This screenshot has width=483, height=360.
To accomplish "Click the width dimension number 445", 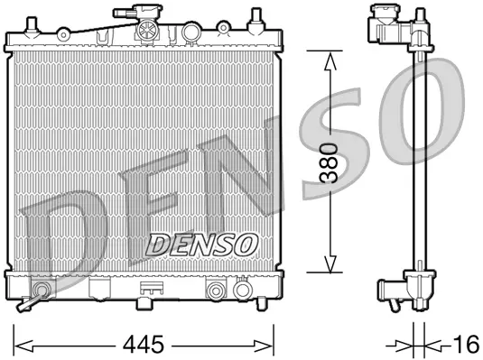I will coord(146,344).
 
